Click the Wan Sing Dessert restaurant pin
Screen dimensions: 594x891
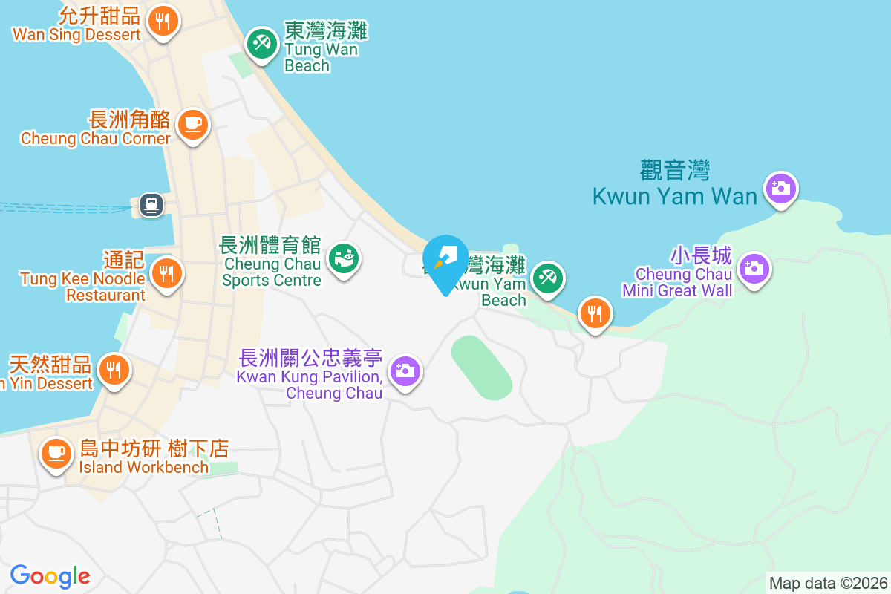tap(163, 21)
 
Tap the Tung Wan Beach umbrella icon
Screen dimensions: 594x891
tap(261, 44)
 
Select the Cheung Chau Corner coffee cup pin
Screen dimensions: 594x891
tap(192, 125)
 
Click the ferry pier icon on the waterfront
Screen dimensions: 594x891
tap(151, 204)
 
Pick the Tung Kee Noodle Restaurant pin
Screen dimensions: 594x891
tap(166, 274)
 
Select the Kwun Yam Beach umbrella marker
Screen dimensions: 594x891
tap(548, 279)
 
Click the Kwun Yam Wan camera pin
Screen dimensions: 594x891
tap(780, 188)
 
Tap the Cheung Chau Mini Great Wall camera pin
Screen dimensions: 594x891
tap(754, 269)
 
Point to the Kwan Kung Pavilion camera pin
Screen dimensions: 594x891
tap(405, 370)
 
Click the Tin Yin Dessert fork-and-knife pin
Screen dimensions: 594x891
tap(114, 369)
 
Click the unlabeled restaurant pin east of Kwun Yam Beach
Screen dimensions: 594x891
tap(595, 314)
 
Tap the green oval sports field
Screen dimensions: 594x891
tap(481, 368)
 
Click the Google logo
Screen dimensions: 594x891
tap(50, 575)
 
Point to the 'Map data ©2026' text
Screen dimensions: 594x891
tap(828, 583)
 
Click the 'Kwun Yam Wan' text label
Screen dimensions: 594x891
tap(674, 196)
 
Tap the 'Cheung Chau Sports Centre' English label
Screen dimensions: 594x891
tap(272, 272)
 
